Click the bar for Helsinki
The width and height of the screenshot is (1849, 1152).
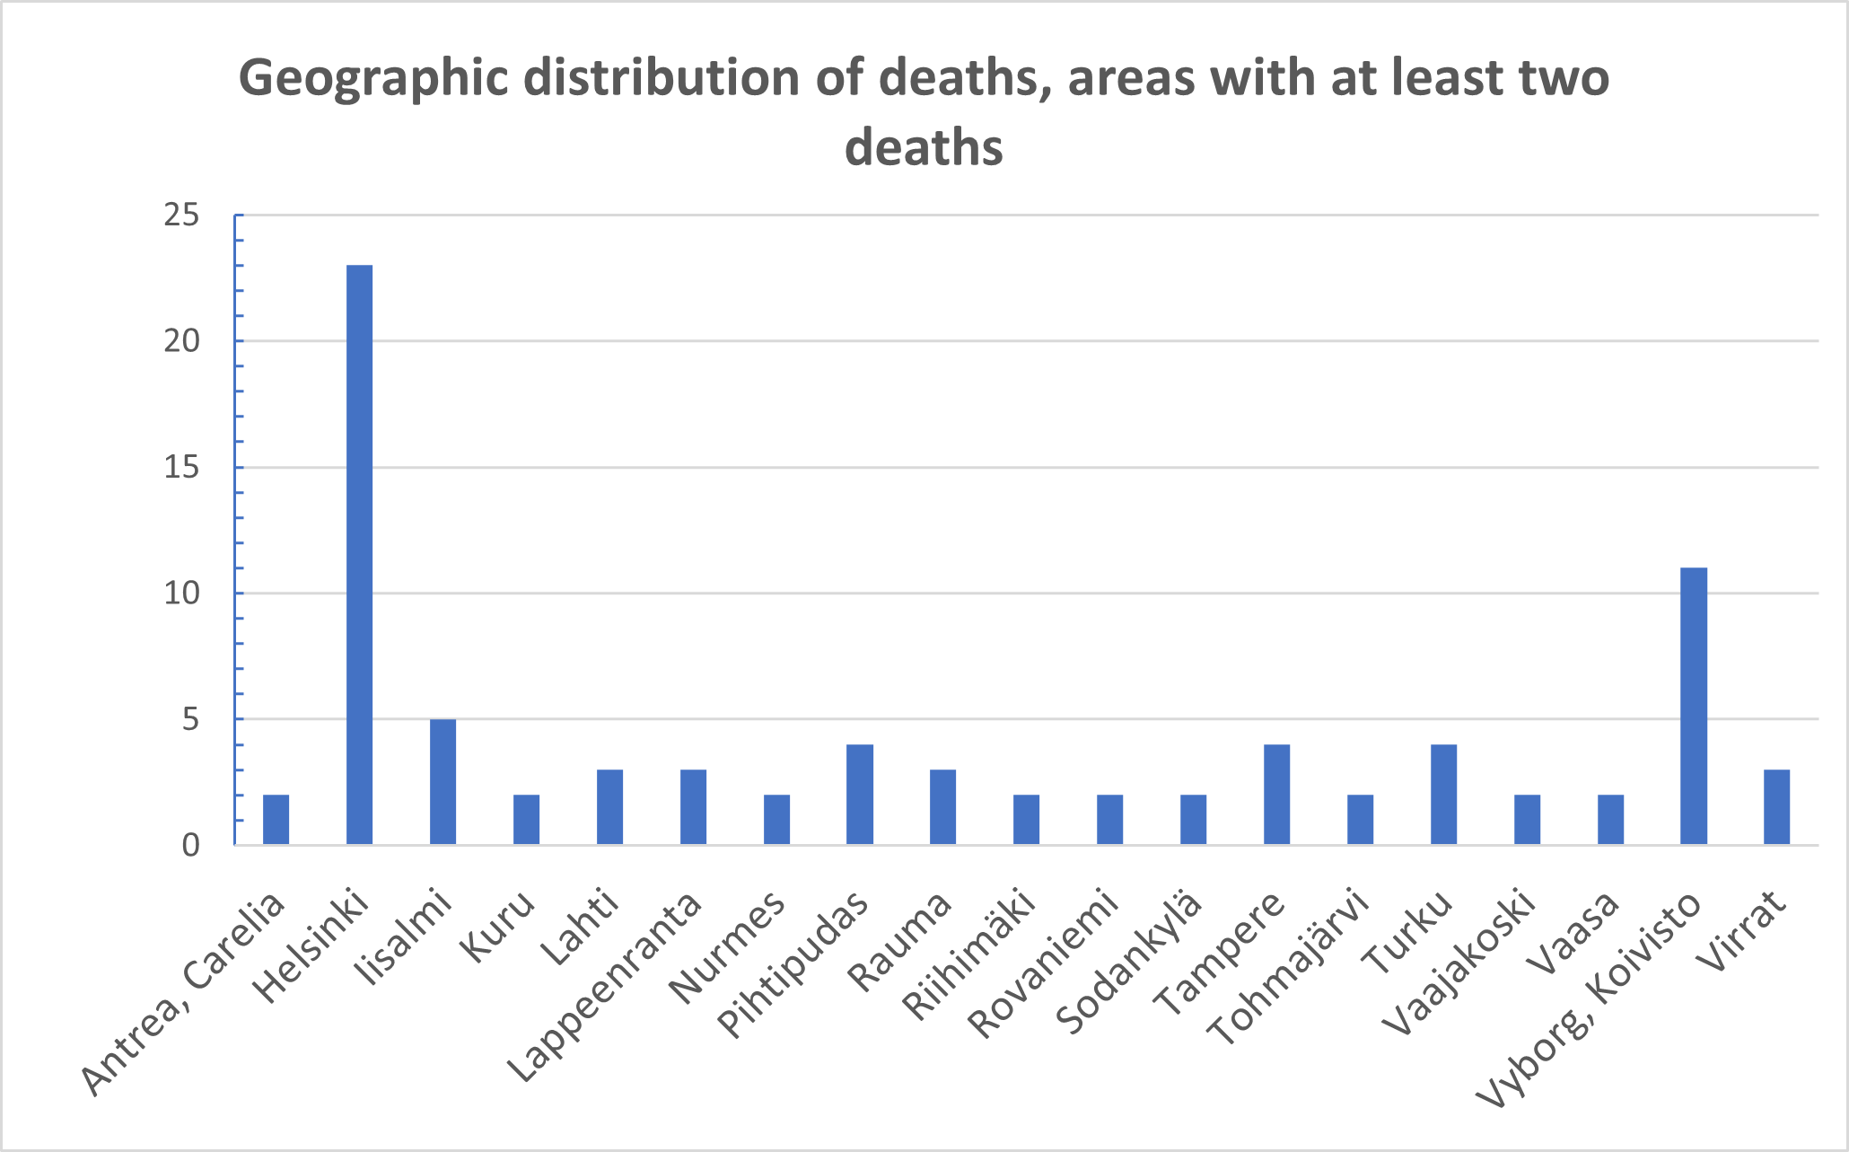coord(359,555)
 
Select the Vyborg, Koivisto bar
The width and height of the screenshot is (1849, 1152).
coord(1693,706)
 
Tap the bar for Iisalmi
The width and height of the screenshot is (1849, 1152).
coord(443,781)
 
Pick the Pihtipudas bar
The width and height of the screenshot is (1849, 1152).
coord(859,794)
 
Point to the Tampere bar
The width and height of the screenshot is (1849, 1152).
coord(1276,794)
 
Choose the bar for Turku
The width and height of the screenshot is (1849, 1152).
coord(1443,794)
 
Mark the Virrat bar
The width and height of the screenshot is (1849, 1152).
coord(1776,806)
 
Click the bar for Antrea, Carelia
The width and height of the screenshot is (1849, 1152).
coord(276,819)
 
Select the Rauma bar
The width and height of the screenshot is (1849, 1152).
coord(942,806)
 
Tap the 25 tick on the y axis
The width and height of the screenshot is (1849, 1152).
coord(181,215)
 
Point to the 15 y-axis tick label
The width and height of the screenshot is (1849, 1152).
coord(181,468)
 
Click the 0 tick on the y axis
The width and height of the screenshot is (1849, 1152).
coord(190,846)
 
